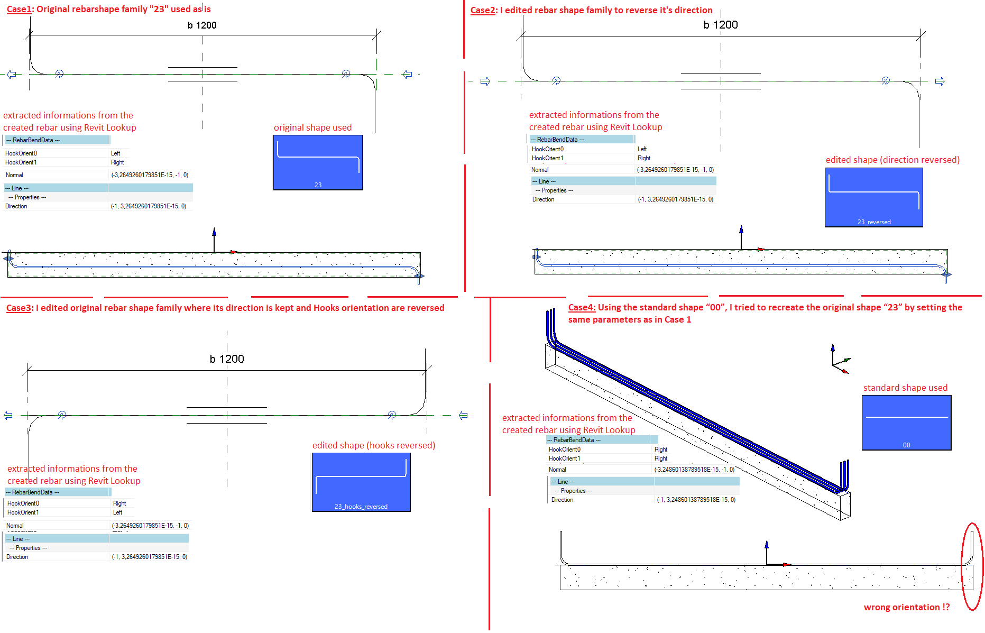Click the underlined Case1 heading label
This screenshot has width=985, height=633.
pyautogui.click(x=19, y=9)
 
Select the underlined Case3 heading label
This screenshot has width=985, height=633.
pyautogui.click(x=19, y=308)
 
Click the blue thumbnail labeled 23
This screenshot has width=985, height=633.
pyautogui.click(x=318, y=162)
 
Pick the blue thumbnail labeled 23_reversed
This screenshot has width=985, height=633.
pyautogui.click(x=874, y=197)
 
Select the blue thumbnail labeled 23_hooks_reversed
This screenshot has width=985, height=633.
pyautogui.click(x=361, y=482)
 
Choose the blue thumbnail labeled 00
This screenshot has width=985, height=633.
pyautogui.click(x=907, y=423)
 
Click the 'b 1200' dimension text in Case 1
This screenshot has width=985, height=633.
pyautogui.click(x=202, y=25)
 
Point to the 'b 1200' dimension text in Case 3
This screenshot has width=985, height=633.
pyautogui.click(x=227, y=359)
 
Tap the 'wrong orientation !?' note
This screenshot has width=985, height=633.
pyautogui.click(x=907, y=607)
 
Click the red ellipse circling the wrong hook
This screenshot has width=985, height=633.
pyautogui.click(x=962, y=566)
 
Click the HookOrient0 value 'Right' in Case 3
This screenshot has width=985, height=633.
pyautogui.click(x=119, y=503)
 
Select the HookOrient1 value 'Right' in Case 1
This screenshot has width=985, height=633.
pyautogui.click(x=117, y=162)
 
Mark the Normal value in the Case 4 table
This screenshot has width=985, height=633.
pyautogui.click(x=694, y=470)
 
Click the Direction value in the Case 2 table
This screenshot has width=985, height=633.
pyautogui.click(x=676, y=199)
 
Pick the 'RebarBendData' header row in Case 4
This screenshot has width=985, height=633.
pyautogui.click(x=602, y=440)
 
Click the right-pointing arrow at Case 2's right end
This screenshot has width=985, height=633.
pyautogui.click(x=940, y=81)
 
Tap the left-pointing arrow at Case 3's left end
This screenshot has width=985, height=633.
pyautogui.click(x=8, y=416)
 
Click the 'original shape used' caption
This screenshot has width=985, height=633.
pyautogui.click(x=312, y=127)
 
